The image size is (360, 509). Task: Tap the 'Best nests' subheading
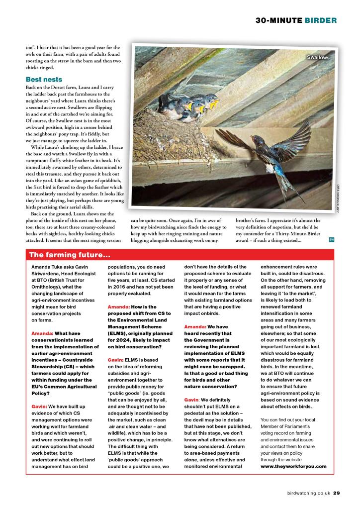tap(44, 79)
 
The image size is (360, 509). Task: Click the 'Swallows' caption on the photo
tap(318, 58)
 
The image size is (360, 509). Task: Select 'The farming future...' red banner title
tap(70, 255)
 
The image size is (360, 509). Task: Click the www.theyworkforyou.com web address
tap(293, 466)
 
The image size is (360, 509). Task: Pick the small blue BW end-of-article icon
tap(332, 240)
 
